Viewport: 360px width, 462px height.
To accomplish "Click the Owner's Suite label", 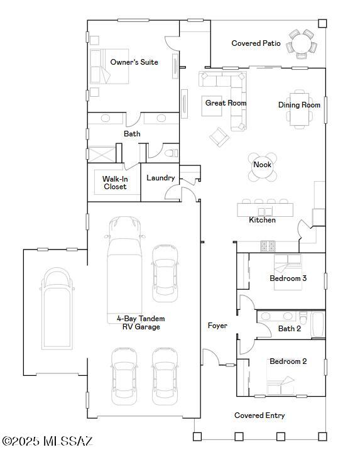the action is point(134,62).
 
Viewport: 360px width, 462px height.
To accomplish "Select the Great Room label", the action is point(226,103).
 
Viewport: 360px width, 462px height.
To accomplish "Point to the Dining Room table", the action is point(300,109).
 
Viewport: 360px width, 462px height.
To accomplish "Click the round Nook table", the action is point(263,167).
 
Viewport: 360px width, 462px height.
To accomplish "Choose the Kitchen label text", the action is point(262,220).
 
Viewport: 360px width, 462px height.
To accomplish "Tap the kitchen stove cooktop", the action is point(268,246).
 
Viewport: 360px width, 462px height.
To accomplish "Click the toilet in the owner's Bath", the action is point(171,153).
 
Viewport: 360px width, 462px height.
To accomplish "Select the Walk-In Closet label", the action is point(115,183).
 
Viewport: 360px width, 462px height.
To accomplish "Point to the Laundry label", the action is point(161,178).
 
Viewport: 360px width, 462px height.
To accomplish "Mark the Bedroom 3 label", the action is point(288,278).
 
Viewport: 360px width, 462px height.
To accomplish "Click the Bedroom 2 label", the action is point(288,361).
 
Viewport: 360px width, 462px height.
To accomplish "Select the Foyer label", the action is point(217,326).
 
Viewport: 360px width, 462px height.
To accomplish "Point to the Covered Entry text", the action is point(259,415).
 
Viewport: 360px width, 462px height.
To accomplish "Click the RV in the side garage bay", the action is point(57,309).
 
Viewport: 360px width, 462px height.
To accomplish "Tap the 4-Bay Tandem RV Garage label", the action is point(141,322).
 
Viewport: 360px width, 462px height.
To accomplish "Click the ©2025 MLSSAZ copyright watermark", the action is point(47,441).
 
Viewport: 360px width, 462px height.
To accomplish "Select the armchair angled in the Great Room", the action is point(219,137).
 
